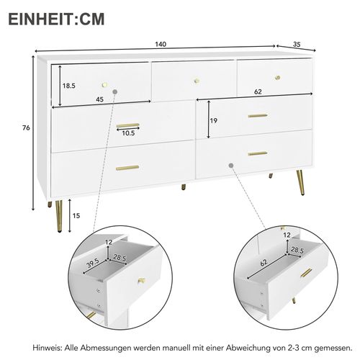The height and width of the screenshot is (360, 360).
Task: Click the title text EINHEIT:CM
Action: [x=56, y=18]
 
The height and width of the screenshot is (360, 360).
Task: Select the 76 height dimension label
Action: [x=26, y=129]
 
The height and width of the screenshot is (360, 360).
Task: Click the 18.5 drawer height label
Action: [x=68, y=86]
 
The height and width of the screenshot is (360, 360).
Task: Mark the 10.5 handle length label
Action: [x=128, y=132]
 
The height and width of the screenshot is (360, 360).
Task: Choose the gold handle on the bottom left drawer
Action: [x=127, y=167]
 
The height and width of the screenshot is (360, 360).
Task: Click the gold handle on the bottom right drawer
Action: [x=257, y=153]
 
